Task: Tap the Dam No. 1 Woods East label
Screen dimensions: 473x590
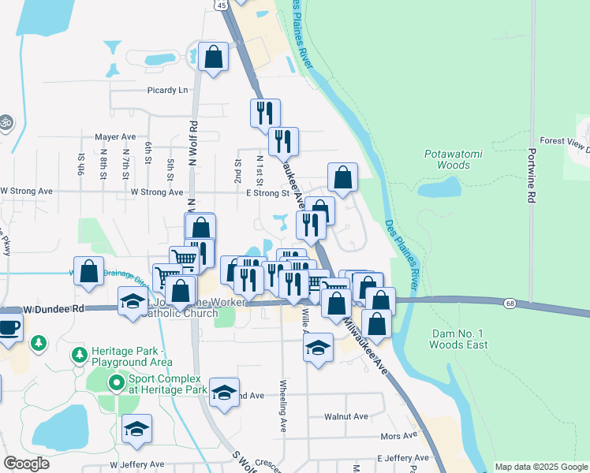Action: click(x=458, y=339)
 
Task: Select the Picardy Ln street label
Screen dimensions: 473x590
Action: click(x=167, y=90)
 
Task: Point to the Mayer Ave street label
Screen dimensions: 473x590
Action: click(x=115, y=136)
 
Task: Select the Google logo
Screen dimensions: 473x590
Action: click(x=26, y=464)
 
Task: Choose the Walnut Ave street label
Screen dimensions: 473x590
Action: click(x=346, y=416)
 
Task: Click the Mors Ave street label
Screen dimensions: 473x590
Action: click(x=398, y=435)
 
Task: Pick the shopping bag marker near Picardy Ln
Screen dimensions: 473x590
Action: click(x=213, y=57)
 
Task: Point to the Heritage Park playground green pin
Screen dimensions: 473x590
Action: click(x=79, y=356)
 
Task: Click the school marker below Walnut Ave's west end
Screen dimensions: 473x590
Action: click(x=137, y=429)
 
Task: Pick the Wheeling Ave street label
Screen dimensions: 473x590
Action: click(x=283, y=405)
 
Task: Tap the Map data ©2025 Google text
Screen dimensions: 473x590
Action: click(x=540, y=467)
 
